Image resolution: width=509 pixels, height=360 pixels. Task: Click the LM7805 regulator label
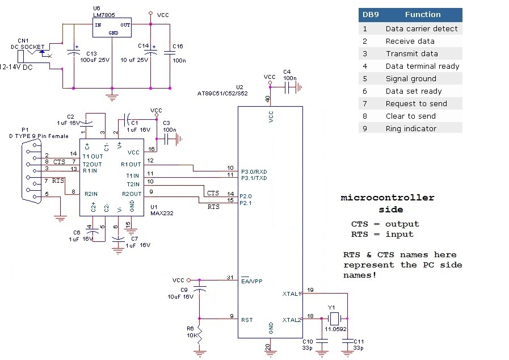pos(106,16)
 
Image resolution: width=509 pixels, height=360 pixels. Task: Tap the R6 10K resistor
pos(200,335)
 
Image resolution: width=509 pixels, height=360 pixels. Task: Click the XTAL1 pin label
pos(292,294)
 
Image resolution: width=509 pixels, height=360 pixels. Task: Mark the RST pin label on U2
pos(247,320)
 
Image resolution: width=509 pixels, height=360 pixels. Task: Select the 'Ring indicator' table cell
pos(411,128)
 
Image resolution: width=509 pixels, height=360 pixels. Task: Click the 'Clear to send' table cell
pos(411,116)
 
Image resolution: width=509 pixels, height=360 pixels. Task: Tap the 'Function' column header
pos(422,15)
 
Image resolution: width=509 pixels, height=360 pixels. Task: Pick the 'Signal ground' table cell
pos(411,78)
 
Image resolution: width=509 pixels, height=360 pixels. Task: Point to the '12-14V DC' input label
pos(17,66)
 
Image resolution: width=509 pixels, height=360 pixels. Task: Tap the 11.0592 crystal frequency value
pos(335,329)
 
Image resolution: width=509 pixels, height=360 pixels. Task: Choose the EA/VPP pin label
pos(251,281)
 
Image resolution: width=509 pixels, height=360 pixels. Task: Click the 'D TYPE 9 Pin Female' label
pos(39,136)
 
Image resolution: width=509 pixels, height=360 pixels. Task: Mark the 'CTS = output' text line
pos(385,224)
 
